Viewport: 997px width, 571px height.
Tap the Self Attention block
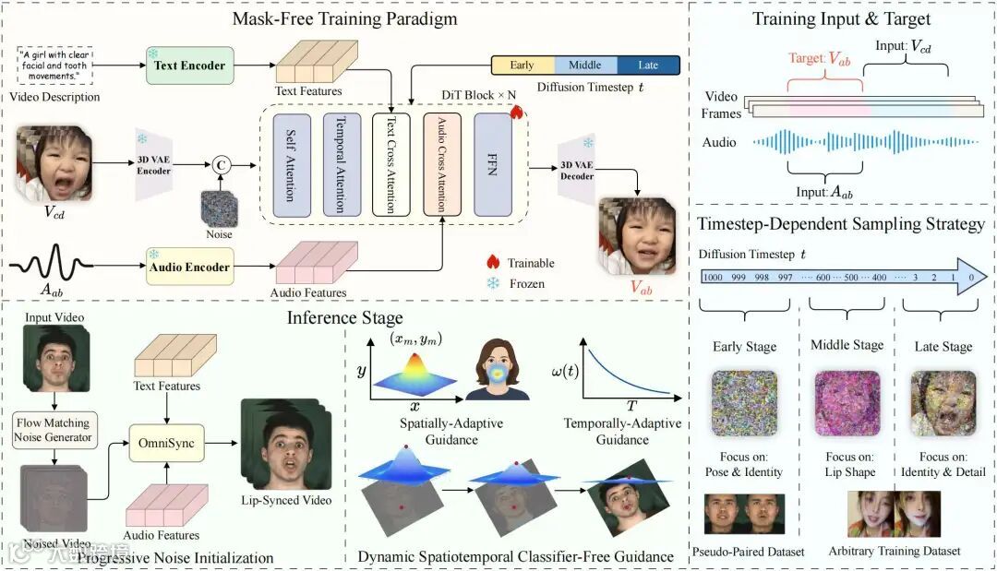[291, 166]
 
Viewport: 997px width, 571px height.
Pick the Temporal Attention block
[340, 166]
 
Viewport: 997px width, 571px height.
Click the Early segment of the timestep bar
[523, 65]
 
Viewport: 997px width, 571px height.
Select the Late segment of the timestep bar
[648, 65]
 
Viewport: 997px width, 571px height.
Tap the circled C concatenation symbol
[221, 165]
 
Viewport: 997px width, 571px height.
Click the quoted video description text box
[54, 65]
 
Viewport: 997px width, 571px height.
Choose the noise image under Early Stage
[744, 403]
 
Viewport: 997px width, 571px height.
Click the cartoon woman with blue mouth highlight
[498, 370]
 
